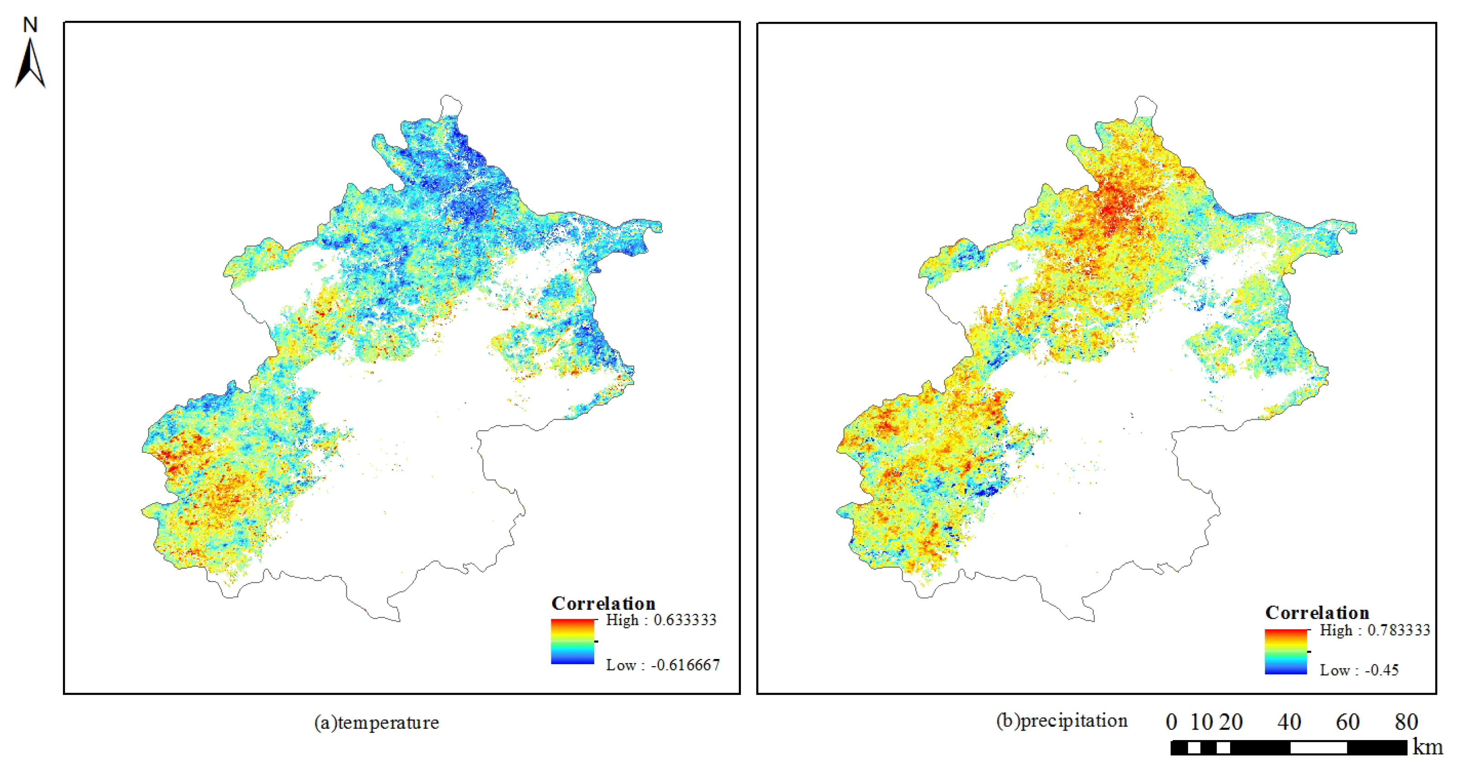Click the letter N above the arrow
30,25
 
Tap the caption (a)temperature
377,722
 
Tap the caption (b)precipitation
1062,721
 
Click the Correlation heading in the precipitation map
1317,612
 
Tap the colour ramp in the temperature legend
572,641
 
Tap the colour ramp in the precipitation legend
1286,652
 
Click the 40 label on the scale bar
1289,722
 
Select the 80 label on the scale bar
1406,722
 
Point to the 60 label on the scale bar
1348,722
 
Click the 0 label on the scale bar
1171,722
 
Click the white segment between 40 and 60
1318,748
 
